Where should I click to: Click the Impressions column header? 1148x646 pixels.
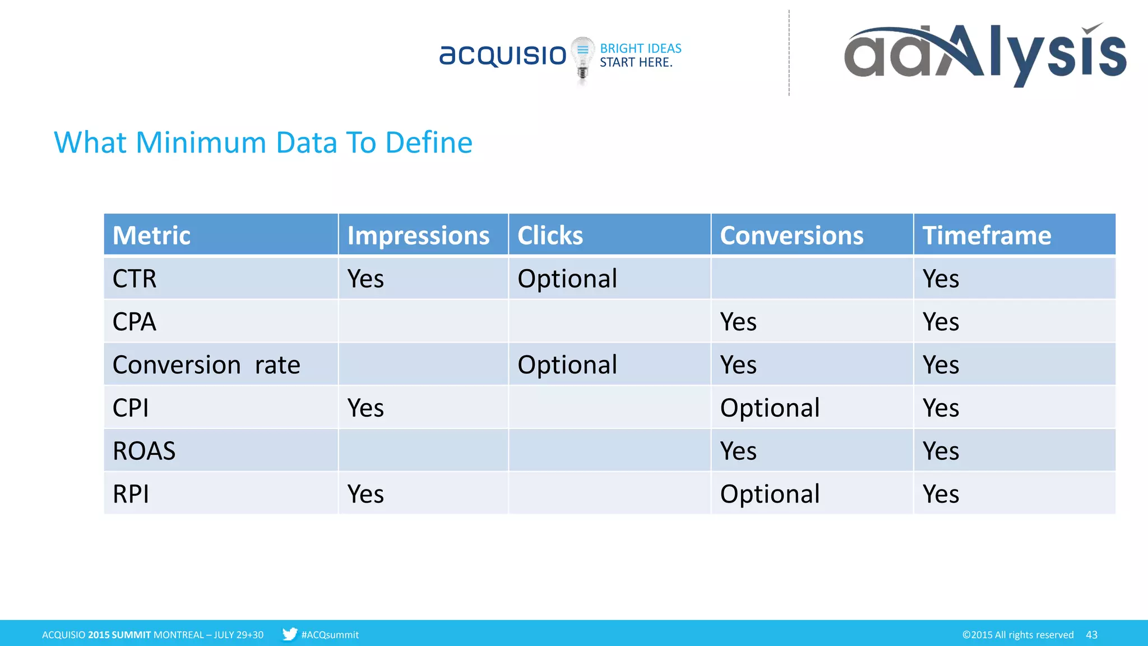[418, 235]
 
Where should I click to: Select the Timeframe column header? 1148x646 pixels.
[987, 235]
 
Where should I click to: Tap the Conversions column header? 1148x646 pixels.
[791, 235]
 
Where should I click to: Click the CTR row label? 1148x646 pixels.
[135, 279]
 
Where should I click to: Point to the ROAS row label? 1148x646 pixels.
[144, 451]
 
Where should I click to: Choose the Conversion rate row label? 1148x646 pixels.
[206, 365]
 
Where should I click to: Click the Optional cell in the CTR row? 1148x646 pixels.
[567, 279]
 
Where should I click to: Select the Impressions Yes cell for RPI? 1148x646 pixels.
[365, 494]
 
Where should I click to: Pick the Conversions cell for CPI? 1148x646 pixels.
[770, 408]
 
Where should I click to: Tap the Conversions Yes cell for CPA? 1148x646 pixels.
[738, 322]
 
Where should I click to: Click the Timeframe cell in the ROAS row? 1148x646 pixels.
[941, 451]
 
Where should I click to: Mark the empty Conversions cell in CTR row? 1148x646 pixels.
[812, 279]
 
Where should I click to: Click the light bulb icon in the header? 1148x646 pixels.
[582, 59]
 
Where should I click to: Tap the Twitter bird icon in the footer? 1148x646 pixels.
[290, 634]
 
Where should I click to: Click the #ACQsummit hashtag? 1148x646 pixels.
[330, 635]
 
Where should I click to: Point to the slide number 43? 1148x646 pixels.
[1091, 635]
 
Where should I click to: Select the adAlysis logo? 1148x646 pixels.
[984, 54]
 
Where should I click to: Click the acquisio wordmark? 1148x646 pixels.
[503, 56]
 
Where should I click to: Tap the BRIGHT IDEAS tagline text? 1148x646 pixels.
[640, 49]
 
